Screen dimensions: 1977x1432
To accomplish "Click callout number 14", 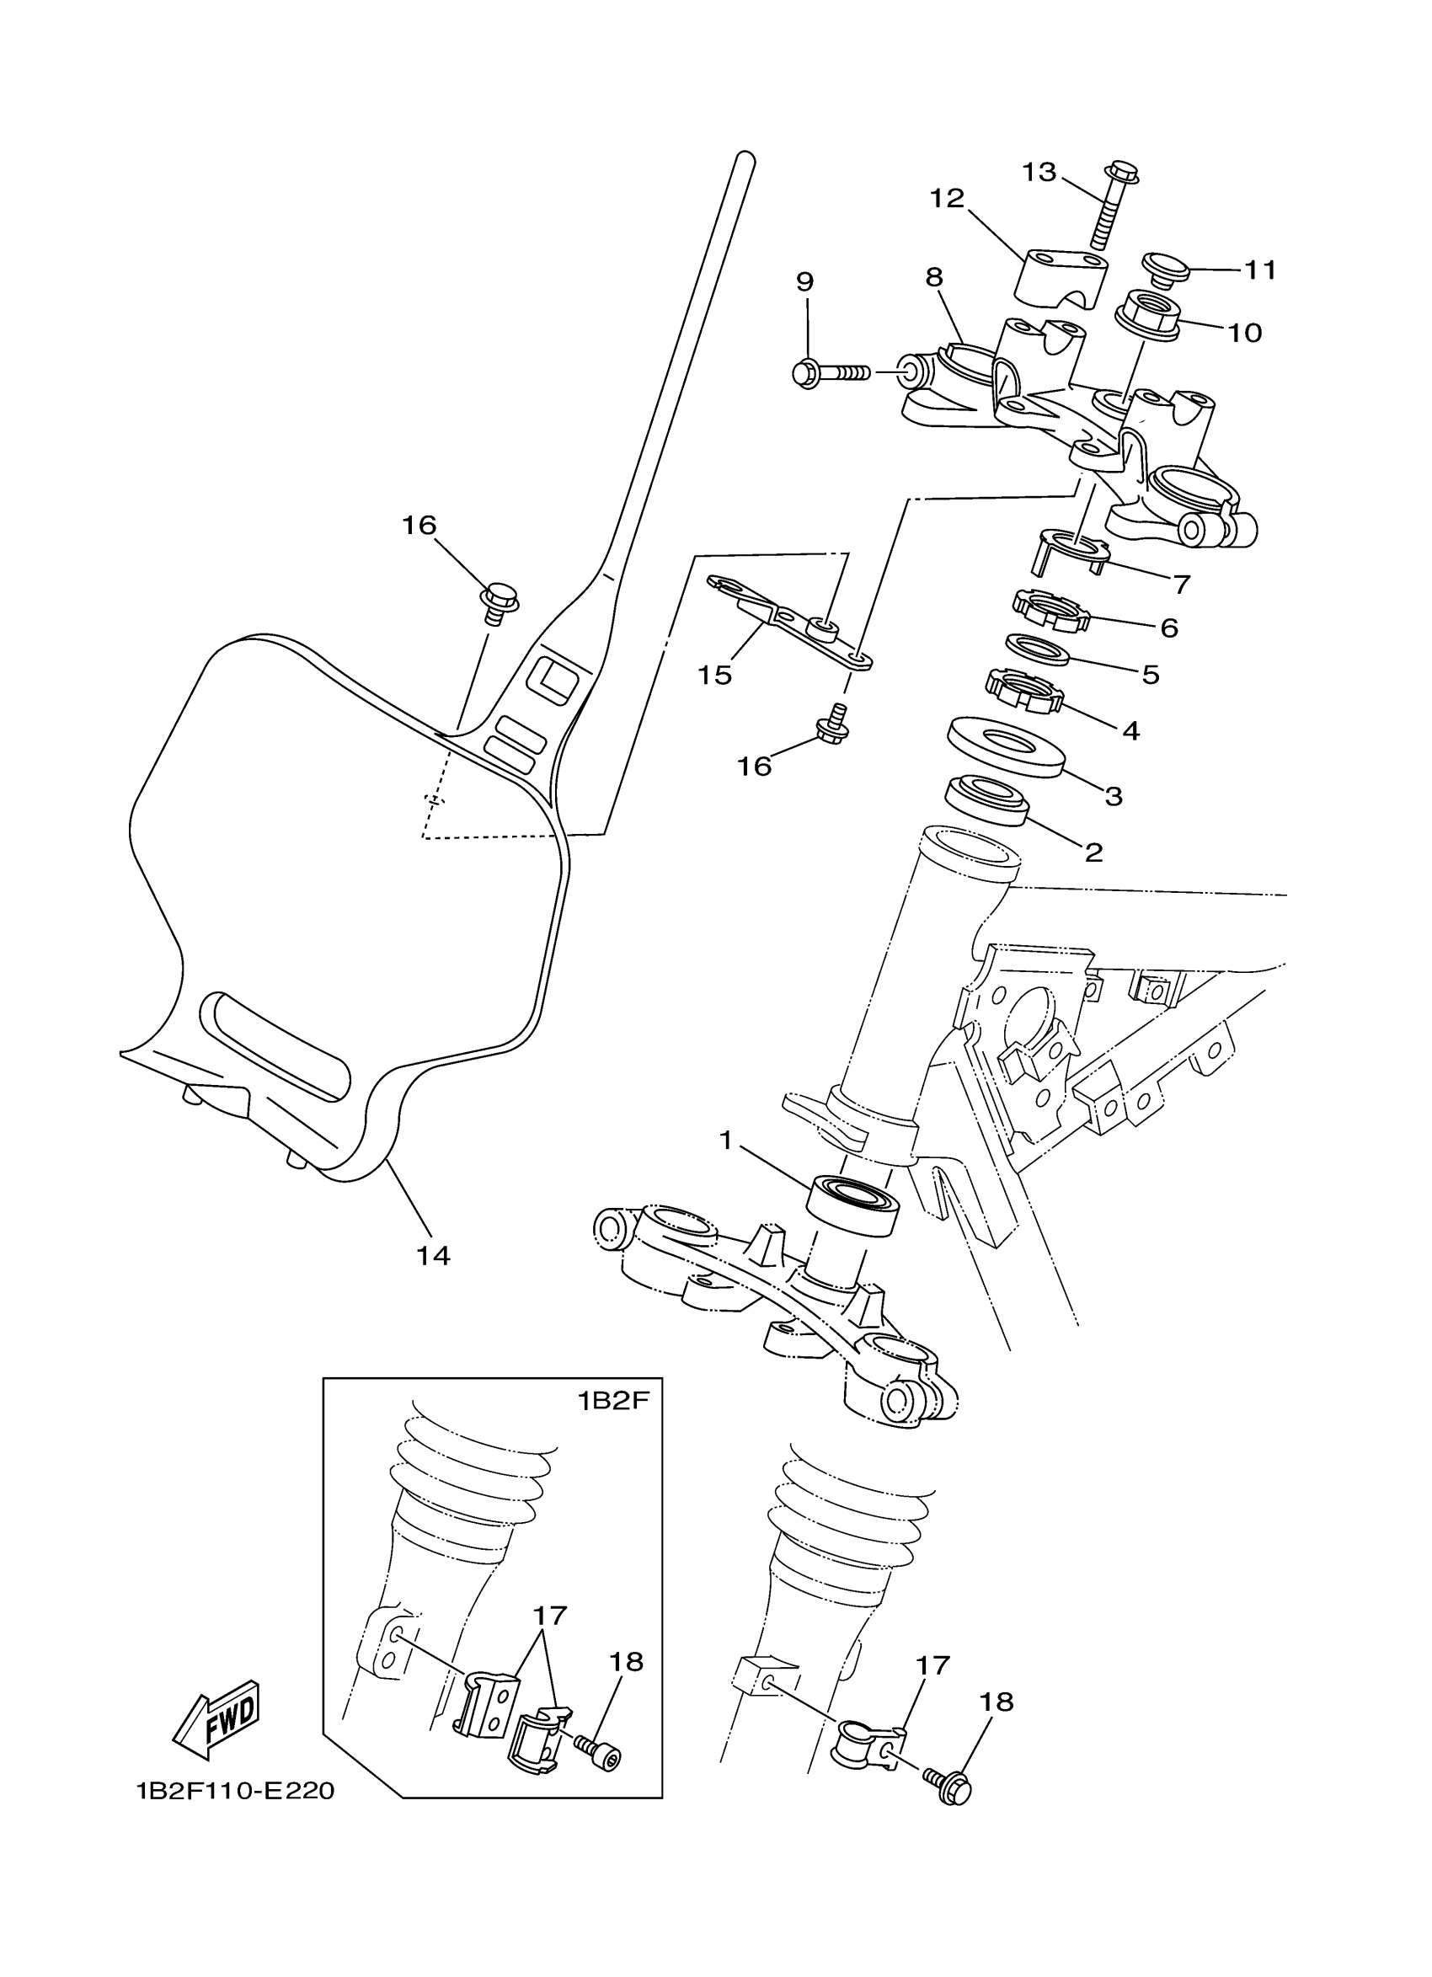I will pyautogui.click(x=432, y=1255).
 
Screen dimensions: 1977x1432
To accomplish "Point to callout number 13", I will pyautogui.click(x=1039, y=172).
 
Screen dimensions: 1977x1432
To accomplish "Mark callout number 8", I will pyautogui.click(x=934, y=277).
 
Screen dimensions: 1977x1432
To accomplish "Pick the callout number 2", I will pyautogui.click(x=1093, y=851).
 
